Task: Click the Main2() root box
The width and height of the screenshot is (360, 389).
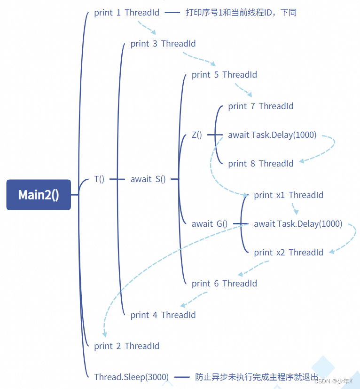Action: pos(39,194)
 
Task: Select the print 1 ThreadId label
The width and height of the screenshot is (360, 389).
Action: pos(126,13)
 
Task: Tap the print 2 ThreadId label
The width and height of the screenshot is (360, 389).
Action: pos(126,346)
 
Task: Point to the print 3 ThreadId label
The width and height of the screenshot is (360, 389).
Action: pos(163,44)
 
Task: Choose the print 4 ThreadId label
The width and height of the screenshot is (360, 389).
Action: pos(163,315)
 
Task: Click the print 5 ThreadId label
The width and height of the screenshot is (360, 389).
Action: pos(224,75)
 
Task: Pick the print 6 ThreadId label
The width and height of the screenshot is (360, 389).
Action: pos(224,284)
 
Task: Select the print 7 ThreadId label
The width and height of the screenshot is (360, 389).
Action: pos(261,106)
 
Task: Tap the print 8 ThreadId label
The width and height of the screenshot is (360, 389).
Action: pos(261,164)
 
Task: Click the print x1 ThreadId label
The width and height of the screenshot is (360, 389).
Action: pos(289,195)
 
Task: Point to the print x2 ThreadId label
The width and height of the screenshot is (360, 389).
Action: pos(289,253)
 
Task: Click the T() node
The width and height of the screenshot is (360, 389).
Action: pos(99,179)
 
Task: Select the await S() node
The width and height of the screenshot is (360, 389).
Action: pos(148,179)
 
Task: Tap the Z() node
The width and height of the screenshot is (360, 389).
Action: pos(197,135)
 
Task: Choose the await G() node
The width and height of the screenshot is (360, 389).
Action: pos(210,224)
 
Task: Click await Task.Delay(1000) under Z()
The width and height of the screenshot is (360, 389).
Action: pos(272,135)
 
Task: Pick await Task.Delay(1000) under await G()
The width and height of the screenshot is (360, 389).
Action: pos(298,224)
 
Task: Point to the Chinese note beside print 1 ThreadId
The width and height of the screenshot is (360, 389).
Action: pos(241,13)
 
